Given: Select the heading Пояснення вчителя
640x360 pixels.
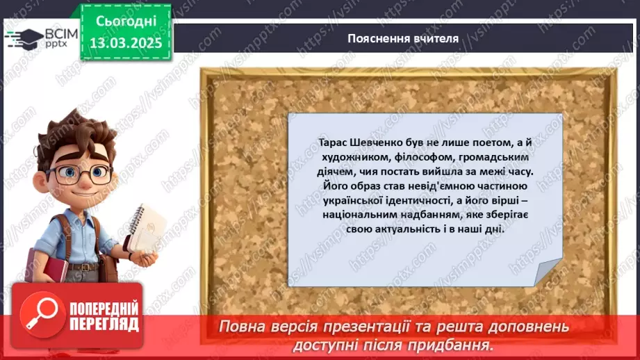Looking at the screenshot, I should (x=403, y=38).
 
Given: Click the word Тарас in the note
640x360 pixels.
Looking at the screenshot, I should (x=329, y=142).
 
